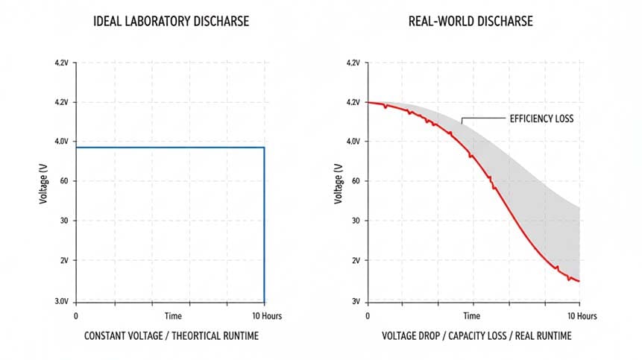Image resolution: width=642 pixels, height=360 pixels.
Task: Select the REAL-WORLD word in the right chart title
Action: [440, 22]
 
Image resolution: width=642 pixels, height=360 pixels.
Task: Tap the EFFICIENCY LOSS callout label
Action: [541, 118]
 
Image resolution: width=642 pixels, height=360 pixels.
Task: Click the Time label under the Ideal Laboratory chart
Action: [173, 316]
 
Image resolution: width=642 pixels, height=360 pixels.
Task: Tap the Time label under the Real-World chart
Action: [471, 316]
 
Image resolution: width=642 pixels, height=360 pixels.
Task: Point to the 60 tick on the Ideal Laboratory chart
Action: [63, 181]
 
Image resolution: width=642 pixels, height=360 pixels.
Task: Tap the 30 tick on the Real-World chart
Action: [356, 221]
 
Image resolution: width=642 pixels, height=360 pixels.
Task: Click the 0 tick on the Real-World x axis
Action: [367, 316]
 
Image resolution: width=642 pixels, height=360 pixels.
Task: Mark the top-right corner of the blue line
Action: [264, 148]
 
